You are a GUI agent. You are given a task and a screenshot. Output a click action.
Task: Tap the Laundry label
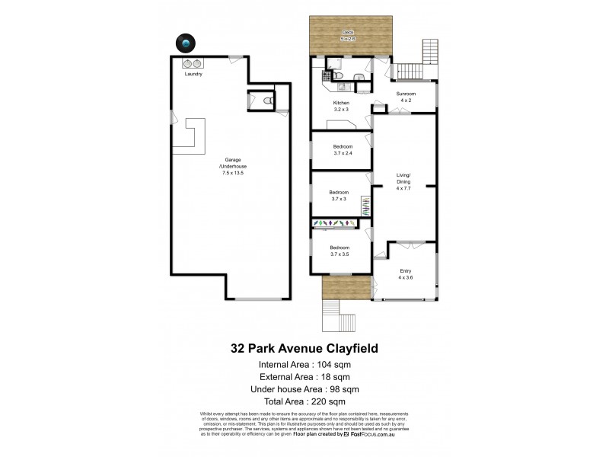click(193, 74)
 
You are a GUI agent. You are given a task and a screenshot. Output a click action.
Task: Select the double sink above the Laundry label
click(192, 63)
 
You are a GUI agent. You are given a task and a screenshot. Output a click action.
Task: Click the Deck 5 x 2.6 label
click(348, 34)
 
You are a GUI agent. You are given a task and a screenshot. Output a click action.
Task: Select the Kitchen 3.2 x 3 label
click(340, 106)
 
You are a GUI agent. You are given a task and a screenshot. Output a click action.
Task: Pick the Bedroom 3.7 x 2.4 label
click(342, 149)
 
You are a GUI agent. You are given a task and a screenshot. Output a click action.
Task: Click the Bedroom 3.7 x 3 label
click(339, 195)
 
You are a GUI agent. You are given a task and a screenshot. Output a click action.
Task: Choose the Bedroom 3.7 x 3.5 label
click(340, 251)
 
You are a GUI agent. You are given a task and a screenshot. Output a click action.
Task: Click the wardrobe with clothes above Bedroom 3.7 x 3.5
click(335, 222)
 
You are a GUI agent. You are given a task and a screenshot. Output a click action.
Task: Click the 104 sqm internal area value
click(336, 366)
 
